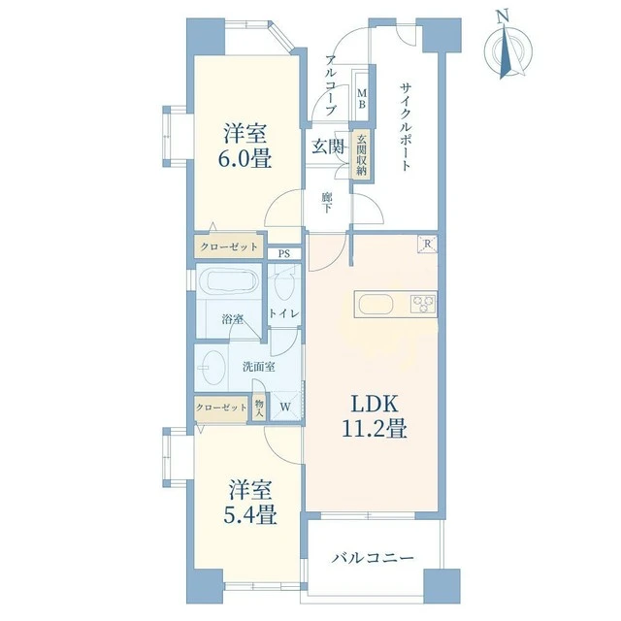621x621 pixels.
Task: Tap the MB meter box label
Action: (362, 99)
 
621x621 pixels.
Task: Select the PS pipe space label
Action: (283, 254)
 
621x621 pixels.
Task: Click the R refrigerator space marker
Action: (427, 245)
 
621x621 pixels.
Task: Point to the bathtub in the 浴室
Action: (229, 280)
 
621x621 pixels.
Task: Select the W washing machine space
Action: (285, 407)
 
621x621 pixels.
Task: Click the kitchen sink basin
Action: (376, 305)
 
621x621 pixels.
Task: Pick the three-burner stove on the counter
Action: (424, 304)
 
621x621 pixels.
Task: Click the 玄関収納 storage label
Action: (362, 155)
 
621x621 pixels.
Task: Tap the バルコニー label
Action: (373, 559)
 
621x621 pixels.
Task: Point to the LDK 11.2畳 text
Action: (374, 416)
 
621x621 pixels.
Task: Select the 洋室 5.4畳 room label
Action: (249, 502)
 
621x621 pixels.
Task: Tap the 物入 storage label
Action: (259, 409)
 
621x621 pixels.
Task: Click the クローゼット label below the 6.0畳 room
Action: (229, 247)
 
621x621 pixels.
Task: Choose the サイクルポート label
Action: (406, 126)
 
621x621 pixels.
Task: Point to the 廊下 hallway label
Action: (326, 202)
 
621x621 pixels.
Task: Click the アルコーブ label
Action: (332, 85)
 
